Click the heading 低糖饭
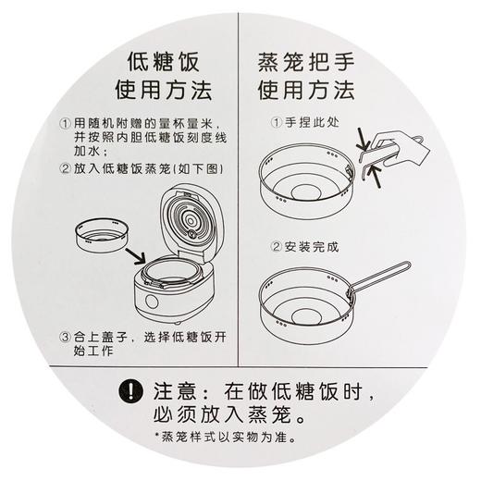click(x=163, y=66)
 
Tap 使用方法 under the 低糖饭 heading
click(x=163, y=92)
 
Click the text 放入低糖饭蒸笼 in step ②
click(x=124, y=169)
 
